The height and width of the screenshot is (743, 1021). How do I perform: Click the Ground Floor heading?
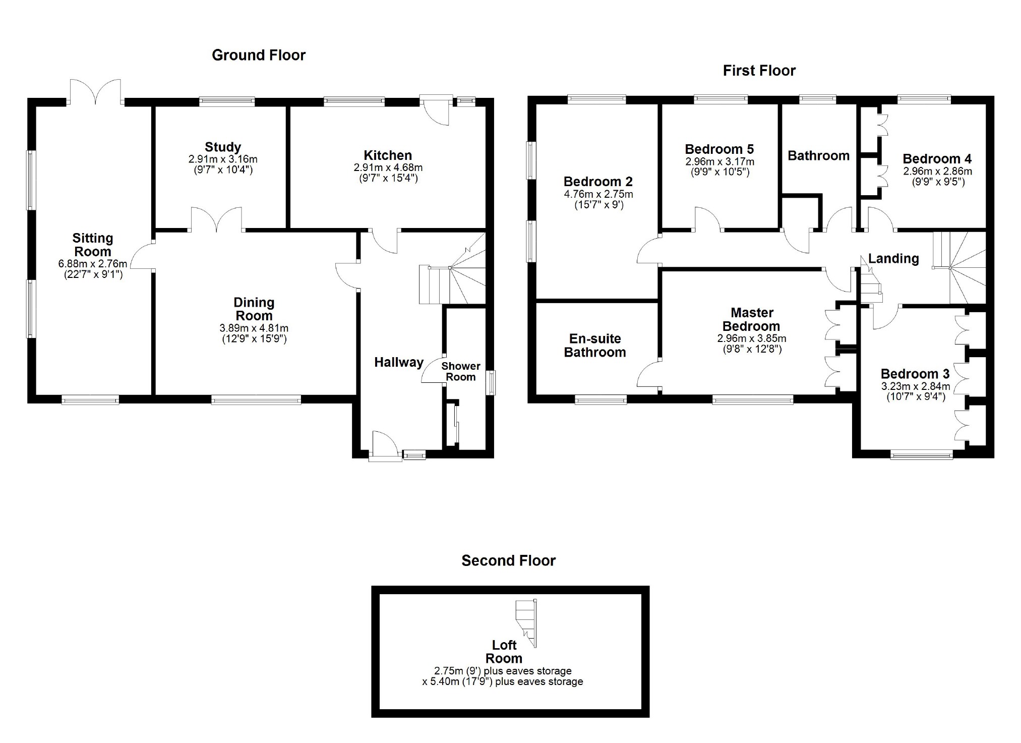(258, 55)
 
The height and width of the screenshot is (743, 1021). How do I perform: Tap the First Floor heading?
(759, 71)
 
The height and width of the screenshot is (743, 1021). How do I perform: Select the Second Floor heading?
(508, 560)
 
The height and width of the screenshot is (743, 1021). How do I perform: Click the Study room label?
(222, 147)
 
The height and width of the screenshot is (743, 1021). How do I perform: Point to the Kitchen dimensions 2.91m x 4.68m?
(388, 167)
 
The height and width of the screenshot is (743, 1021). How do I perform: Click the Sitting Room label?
(93, 245)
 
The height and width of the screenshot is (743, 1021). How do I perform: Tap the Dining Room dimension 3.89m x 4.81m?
(254, 328)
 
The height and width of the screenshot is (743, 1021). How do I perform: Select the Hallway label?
(398, 362)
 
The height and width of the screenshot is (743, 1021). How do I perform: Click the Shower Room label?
(460, 371)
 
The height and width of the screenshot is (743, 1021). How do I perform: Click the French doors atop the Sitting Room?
(95, 92)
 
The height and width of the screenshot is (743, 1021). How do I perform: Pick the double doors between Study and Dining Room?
(216, 220)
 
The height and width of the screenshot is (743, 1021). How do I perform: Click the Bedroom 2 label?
(598, 182)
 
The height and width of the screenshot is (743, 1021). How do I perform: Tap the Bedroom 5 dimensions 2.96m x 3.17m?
(719, 162)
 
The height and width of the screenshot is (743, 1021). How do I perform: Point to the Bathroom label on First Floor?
(818, 156)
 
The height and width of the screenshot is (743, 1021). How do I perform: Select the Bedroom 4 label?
(937, 159)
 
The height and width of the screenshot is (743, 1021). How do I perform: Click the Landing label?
(893, 259)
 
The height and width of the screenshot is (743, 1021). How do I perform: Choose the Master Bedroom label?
(751, 319)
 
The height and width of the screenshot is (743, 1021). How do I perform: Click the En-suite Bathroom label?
(595, 346)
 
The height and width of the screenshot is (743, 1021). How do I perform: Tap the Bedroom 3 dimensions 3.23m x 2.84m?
(915, 386)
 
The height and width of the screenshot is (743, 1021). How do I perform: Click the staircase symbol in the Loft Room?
(526, 623)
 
